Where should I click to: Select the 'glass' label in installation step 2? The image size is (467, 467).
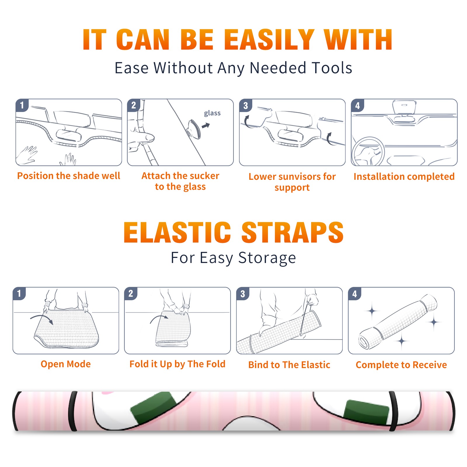click(212, 113)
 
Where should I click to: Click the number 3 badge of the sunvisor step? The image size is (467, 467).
click(245, 106)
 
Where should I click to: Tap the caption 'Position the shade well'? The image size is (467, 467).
click(69, 176)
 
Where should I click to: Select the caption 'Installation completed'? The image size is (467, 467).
click(404, 177)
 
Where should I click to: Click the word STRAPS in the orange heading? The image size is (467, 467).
click(292, 232)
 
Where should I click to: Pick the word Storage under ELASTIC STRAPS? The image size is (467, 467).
click(267, 258)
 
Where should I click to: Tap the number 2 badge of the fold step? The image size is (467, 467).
click(130, 294)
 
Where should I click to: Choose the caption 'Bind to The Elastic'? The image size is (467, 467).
click(289, 365)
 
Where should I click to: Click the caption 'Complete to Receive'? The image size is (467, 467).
click(401, 365)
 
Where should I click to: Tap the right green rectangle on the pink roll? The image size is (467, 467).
click(366, 412)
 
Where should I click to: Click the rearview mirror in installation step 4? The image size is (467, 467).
click(404, 107)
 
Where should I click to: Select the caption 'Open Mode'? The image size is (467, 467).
click(66, 364)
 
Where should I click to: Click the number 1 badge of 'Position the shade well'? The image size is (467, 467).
click(22, 105)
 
